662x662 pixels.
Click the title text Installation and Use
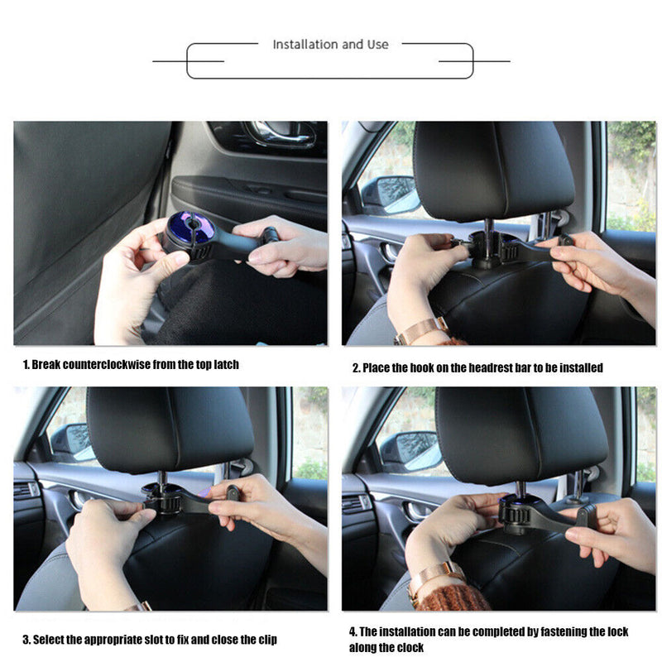tap(330, 45)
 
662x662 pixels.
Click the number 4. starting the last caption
tap(353, 632)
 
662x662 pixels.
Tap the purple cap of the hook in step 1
tap(190, 228)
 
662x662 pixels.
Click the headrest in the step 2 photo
tap(493, 170)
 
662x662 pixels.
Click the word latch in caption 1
tap(223, 365)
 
